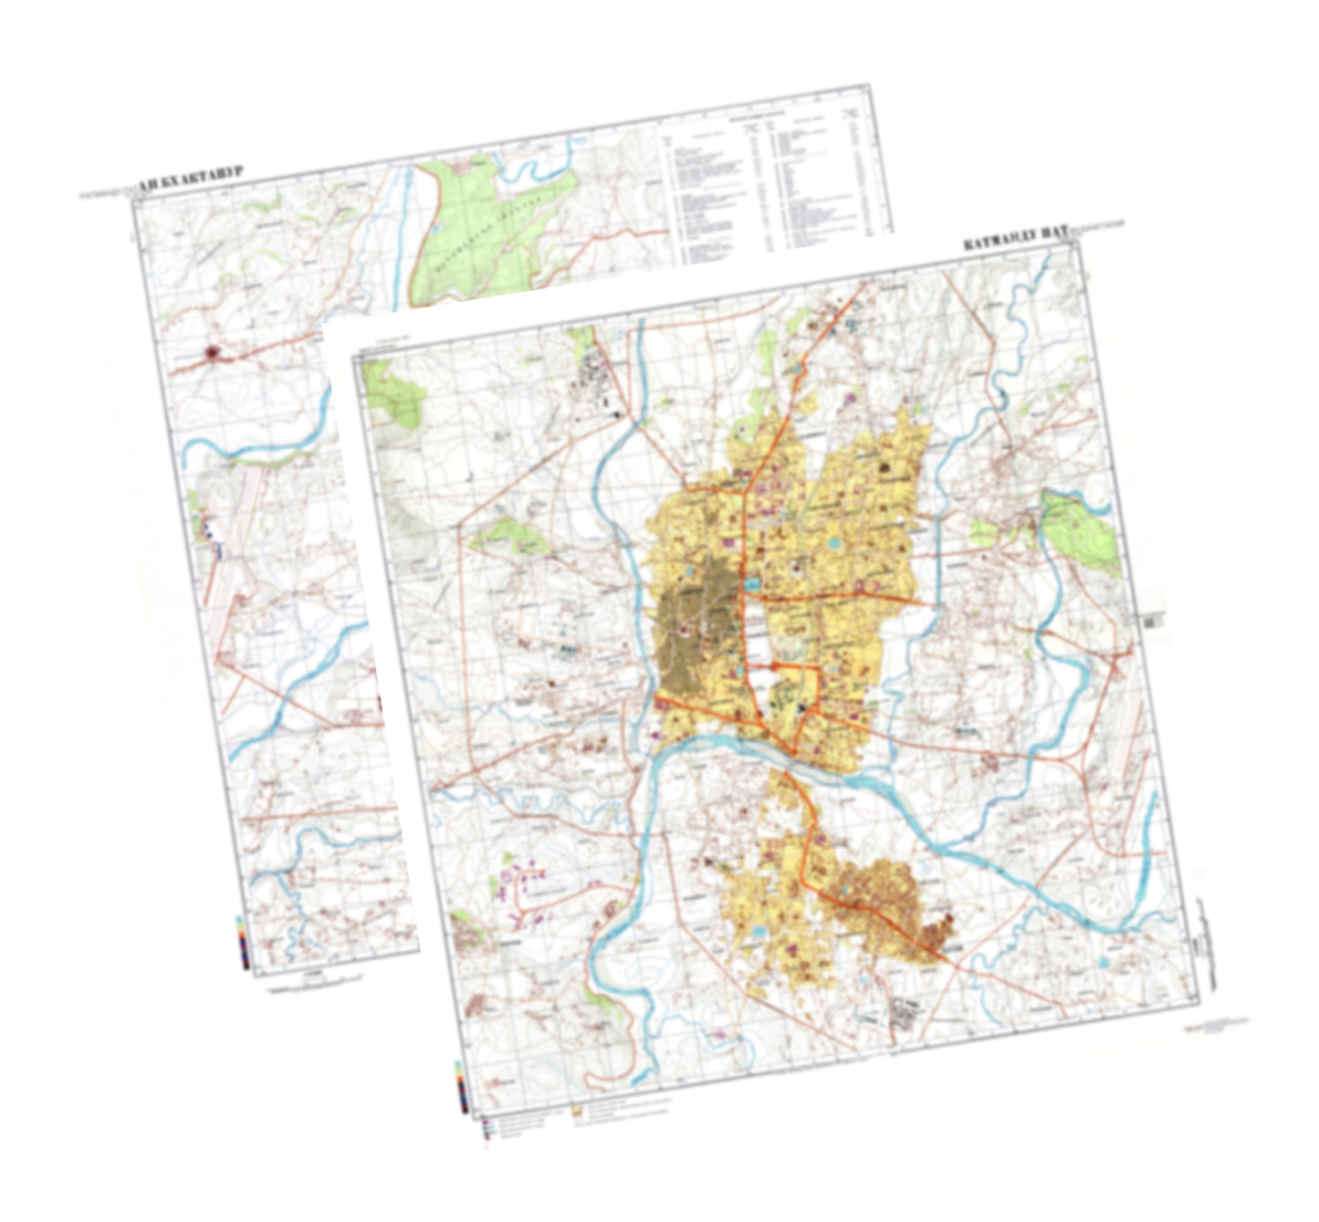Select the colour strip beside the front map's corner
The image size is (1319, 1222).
pos(462,1086)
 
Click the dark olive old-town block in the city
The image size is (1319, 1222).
pos(694,621)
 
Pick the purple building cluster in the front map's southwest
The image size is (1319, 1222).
pos(525,890)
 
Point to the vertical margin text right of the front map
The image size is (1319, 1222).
pos(1207,949)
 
